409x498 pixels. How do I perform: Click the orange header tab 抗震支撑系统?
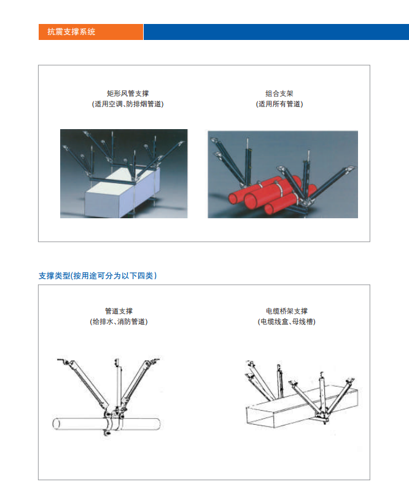click(90, 32)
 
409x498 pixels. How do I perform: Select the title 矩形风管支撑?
click(127, 93)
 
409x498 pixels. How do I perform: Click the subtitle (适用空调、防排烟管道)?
click(127, 104)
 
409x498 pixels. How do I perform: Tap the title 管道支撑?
click(119, 311)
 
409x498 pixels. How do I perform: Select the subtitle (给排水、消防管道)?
click(119, 322)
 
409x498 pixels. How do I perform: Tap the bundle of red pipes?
click(258, 197)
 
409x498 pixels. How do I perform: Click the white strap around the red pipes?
click(278, 188)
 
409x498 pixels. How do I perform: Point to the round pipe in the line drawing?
click(74, 424)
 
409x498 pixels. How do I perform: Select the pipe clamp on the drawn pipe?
click(112, 421)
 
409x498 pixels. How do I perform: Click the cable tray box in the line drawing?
click(276, 421)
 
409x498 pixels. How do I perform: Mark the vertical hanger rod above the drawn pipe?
click(116, 381)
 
